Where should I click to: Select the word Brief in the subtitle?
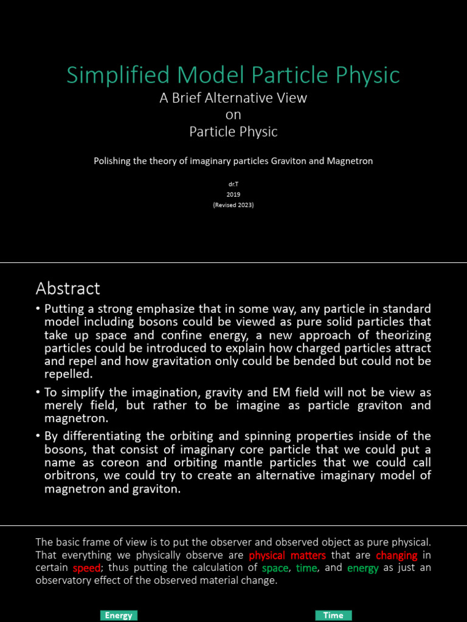click(189, 98)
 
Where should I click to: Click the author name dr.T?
click(233, 183)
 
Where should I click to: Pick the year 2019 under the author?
click(233, 194)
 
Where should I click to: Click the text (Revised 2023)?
click(233, 205)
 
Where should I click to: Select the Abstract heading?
click(68, 288)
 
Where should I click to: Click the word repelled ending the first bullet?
click(69, 375)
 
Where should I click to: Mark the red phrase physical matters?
click(287, 555)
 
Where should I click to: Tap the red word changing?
click(396, 555)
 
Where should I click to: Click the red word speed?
click(86, 568)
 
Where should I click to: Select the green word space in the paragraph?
click(275, 568)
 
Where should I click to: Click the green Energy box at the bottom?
click(119, 615)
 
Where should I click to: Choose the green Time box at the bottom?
click(333, 615)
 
